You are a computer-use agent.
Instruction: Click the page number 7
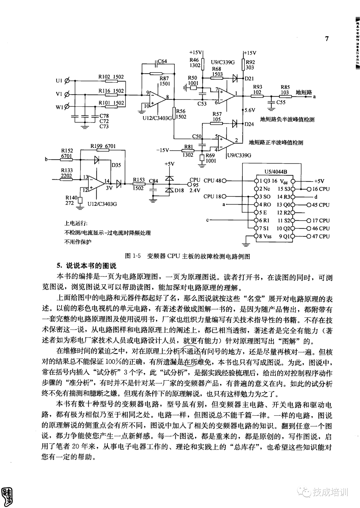pos(327,39)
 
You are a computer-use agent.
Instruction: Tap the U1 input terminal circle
pos(67,81)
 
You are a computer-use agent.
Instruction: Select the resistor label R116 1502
pos(111,91)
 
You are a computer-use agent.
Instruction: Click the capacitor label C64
pos(162,61)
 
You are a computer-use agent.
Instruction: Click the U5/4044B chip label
pos(275,172)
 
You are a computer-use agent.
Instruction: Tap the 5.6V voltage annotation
pos(250,110)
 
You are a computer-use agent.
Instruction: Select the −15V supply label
pos(163,150)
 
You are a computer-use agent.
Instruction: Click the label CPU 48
pos(212,181)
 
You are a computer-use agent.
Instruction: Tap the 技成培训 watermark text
pos(330,492)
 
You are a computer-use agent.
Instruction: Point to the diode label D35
pos(116,165)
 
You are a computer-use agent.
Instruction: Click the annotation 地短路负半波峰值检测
pos(287,119)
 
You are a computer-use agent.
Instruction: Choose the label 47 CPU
pos(320,236)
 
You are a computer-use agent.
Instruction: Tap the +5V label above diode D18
pos(170,164)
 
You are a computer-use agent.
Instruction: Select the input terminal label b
pos(47,160)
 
